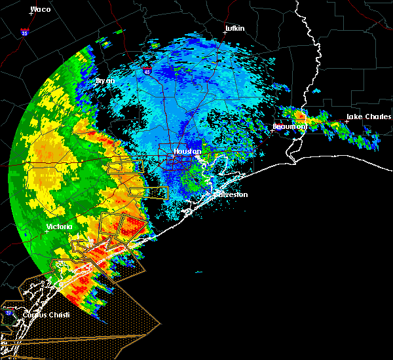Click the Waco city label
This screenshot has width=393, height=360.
tap(41, 9)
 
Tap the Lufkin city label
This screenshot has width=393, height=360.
tap(234, 28)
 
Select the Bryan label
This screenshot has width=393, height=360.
tap(105, 81)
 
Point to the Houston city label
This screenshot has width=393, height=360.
tap(187, 151)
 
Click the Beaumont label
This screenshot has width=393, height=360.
tap(290, 126)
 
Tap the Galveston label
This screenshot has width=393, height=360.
tap(229, 194)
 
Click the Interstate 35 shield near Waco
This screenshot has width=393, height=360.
tap(24, 31)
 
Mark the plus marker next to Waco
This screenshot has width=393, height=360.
tap(31, 14)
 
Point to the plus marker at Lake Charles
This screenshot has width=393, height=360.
tap(346, 121)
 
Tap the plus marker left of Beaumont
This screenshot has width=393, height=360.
tap(272, 130)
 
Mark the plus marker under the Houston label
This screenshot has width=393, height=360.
tap(176, 156)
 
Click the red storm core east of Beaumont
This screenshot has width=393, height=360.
tap(301, 115)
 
